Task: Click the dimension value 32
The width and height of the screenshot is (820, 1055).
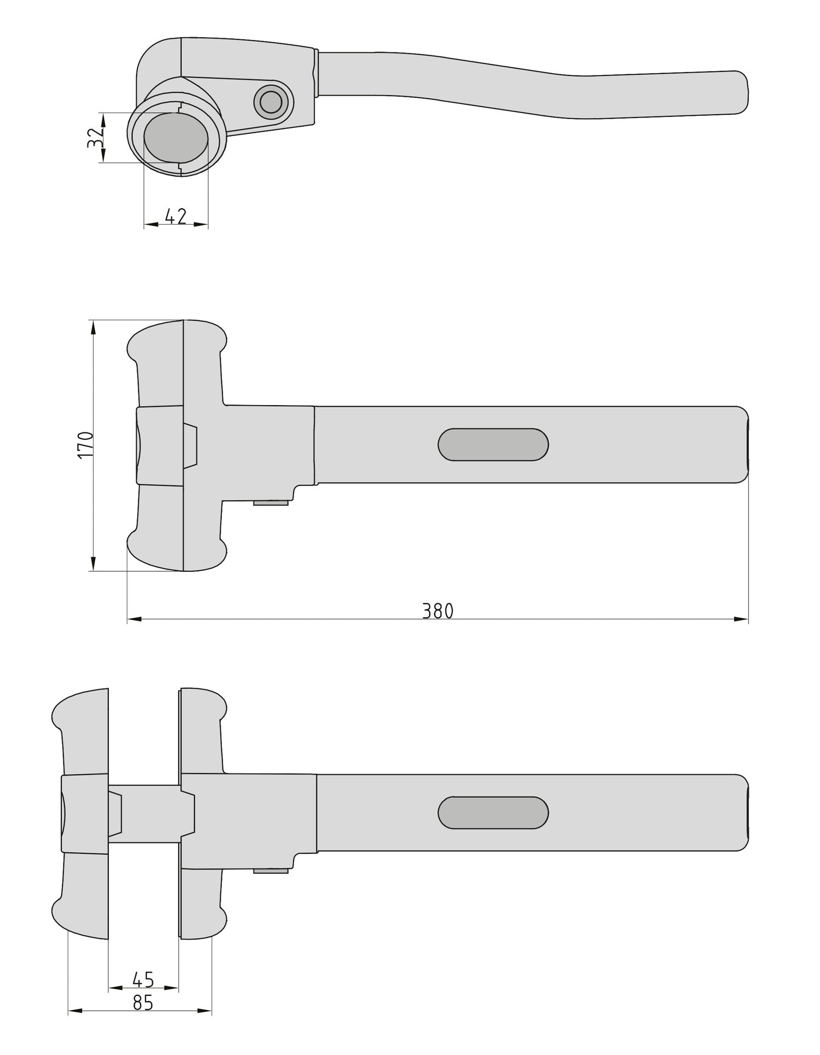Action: [95, 138]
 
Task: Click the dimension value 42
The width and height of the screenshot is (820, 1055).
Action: [175, 216]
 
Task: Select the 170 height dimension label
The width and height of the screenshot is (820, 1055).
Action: [86, 444]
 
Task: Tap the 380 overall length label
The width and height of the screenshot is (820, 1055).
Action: [438, 611]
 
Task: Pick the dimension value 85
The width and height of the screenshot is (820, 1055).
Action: [143, 1003]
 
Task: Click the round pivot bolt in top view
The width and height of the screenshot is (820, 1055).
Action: [271, 102]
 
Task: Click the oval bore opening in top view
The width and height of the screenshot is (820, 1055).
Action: [176, 138]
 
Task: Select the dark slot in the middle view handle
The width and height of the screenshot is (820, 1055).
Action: [493, 444]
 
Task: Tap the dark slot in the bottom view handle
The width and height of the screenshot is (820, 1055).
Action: [493, 812]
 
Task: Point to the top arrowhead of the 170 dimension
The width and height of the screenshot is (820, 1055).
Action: [93, 327]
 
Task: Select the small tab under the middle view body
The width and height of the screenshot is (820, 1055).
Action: [271, 502]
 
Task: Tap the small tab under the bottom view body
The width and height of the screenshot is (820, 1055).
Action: [271, 870]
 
